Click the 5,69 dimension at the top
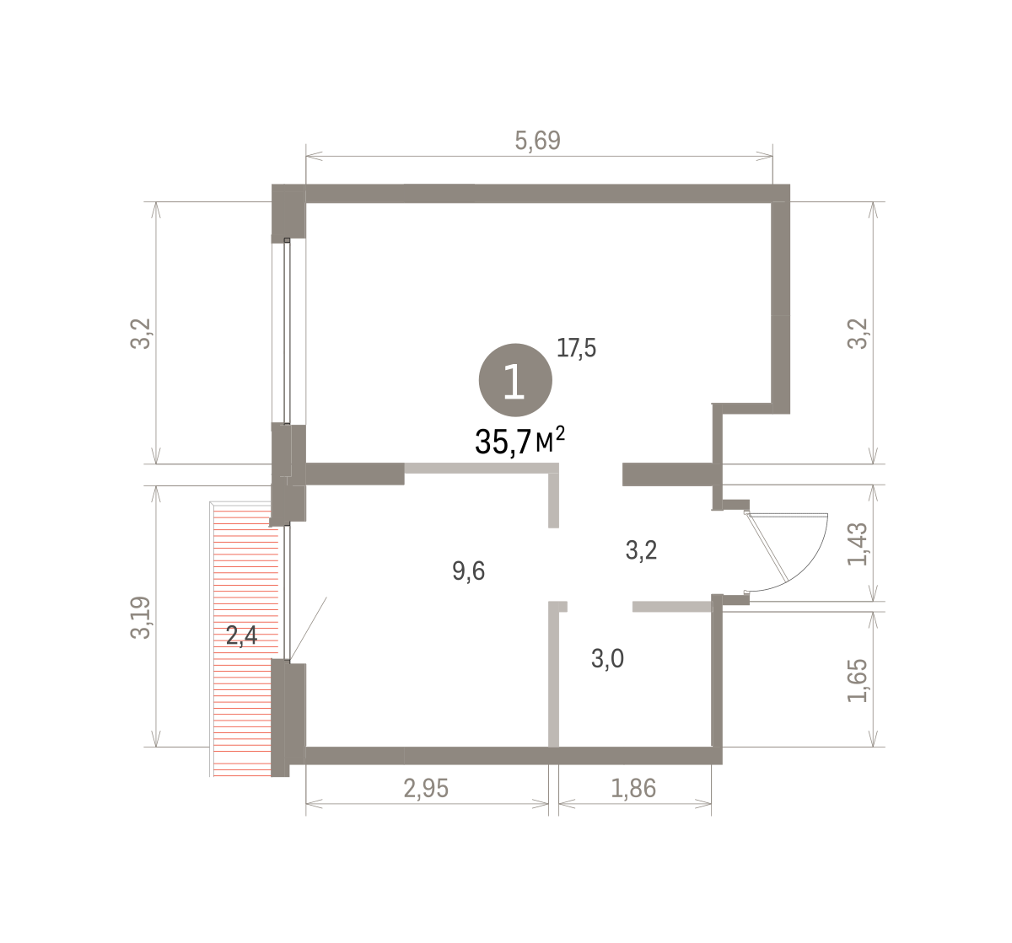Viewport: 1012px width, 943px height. click(x=537, y=141)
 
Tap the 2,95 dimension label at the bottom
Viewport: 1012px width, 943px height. click(x=426, y=788)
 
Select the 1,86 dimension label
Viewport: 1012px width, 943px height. click(x=633, y=788)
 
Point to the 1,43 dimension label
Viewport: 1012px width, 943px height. click(x=857, y=544)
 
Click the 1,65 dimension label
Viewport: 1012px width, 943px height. click(x=857, y=681)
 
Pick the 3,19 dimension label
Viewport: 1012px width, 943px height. click(x=141, y=618)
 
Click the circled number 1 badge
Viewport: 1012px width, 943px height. click(x=515, y=380)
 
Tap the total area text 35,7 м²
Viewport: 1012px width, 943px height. click(x=519, y=441)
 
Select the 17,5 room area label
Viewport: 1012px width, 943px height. click(x=576, y=348)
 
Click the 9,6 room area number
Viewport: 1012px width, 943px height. click(x=468, y=571)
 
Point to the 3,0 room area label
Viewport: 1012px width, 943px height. click(x=607, y=659)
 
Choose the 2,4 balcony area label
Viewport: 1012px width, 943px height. click(x=241, y=635)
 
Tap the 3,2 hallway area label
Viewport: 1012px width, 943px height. click(x=641, y=550)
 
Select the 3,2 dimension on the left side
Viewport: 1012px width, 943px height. click(x=141, y=334)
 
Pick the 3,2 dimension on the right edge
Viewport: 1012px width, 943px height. click(x=857, y=334)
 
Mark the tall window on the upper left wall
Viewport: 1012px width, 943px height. click(x=288, y=331)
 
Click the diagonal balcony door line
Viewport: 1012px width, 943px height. click(x=308, y=630)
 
